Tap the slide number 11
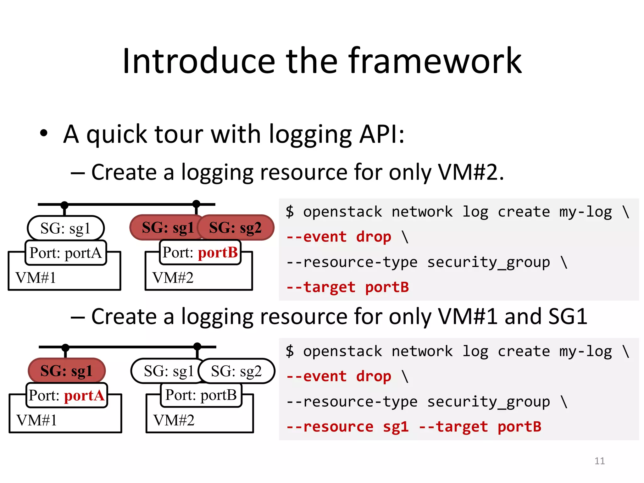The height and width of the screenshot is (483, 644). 599,461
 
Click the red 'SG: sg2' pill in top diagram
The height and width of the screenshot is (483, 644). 236,228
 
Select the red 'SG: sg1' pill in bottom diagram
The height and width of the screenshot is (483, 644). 67,371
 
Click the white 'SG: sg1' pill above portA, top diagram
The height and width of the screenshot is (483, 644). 65,228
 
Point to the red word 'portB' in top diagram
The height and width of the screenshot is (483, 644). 218,253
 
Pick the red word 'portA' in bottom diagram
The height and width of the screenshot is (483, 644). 84,396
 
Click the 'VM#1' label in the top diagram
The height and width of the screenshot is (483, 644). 36,278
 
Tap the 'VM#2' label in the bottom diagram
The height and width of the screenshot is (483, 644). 174,420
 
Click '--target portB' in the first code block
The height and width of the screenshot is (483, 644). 347,287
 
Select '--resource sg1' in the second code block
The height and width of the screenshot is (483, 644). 347,427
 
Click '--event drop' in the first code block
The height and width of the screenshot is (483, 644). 339,237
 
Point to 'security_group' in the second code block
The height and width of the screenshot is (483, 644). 488,402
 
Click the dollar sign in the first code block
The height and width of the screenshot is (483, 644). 290,211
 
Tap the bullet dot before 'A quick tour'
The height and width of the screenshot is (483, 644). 44,134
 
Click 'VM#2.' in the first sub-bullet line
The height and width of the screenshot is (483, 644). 471,172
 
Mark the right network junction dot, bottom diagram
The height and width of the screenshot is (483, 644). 197,347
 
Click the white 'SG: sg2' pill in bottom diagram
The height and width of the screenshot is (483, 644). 236,371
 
